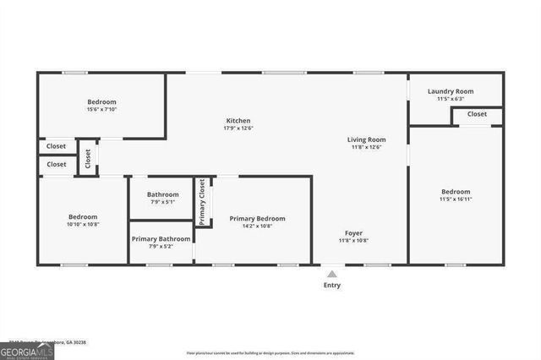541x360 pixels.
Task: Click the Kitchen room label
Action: pos(238,121)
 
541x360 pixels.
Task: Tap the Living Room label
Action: pos(366,139)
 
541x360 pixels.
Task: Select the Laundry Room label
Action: pos(451,91)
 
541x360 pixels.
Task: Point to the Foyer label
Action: pos(353,232)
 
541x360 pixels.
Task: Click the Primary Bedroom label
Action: pos(257,218)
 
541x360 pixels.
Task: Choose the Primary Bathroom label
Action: pos(160,238)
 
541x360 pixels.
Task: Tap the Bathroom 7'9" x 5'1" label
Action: pos(162,194)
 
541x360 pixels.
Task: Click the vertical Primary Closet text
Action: pos(203,202)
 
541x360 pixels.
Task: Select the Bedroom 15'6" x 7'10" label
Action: pos(101,101)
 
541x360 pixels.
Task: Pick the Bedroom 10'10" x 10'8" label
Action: pos(83,216)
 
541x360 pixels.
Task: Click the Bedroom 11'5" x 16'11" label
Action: pos(456,192)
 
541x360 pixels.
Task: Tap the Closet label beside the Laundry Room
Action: pos(477,114)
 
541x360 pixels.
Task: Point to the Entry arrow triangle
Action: pos(332,274)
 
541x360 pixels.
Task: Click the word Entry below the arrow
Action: pos(332,286)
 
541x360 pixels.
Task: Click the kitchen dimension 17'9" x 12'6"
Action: pos(238,128)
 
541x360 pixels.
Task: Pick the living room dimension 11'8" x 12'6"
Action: pos(366,147)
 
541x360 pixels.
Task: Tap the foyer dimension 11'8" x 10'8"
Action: pos(353,241)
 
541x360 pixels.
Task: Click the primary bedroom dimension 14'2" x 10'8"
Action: pos(257,226)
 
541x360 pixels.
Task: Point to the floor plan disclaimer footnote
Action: pos(270,352)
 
